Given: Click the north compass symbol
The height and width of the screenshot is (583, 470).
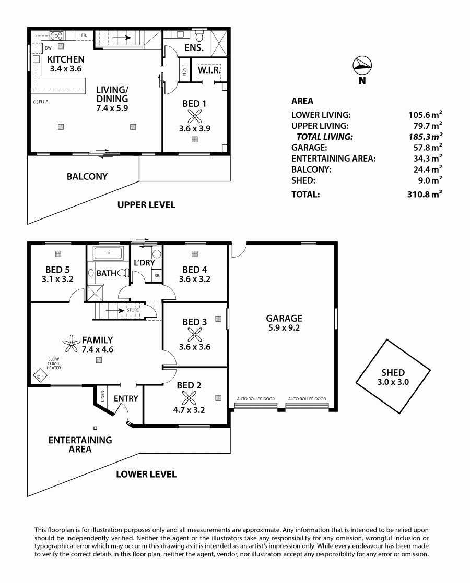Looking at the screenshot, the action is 362,66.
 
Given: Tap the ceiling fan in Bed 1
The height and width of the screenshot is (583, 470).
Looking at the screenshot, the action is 194,116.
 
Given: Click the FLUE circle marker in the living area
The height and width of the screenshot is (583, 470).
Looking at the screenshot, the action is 36,102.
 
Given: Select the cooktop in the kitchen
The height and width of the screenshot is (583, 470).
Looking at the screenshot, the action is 56,35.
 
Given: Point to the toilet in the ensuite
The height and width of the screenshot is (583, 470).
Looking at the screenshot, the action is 199,35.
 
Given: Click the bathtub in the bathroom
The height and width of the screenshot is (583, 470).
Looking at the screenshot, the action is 109,253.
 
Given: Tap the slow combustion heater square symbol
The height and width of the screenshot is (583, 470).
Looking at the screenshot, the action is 40,376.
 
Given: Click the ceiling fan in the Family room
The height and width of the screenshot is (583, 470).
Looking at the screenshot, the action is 70,344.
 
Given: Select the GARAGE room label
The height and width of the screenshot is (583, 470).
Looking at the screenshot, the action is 284,318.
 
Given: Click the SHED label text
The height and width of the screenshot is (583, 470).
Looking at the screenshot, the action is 393,372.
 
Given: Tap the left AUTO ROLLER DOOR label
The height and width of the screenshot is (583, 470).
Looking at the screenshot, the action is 256,399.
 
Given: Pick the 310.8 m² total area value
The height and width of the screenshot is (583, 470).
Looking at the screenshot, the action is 425,193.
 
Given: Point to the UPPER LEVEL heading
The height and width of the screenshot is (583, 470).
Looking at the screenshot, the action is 146,205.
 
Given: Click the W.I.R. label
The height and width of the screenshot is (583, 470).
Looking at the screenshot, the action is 209,70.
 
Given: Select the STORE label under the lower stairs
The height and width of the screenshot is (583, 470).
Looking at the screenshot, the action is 133,310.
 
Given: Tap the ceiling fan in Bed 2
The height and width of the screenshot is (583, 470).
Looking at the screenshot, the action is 189,398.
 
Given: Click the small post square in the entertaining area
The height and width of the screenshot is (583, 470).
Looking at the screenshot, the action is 96,428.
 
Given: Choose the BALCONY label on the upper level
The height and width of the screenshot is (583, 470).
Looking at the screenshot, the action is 87,177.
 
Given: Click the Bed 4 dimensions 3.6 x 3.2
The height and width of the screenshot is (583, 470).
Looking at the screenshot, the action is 194,279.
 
